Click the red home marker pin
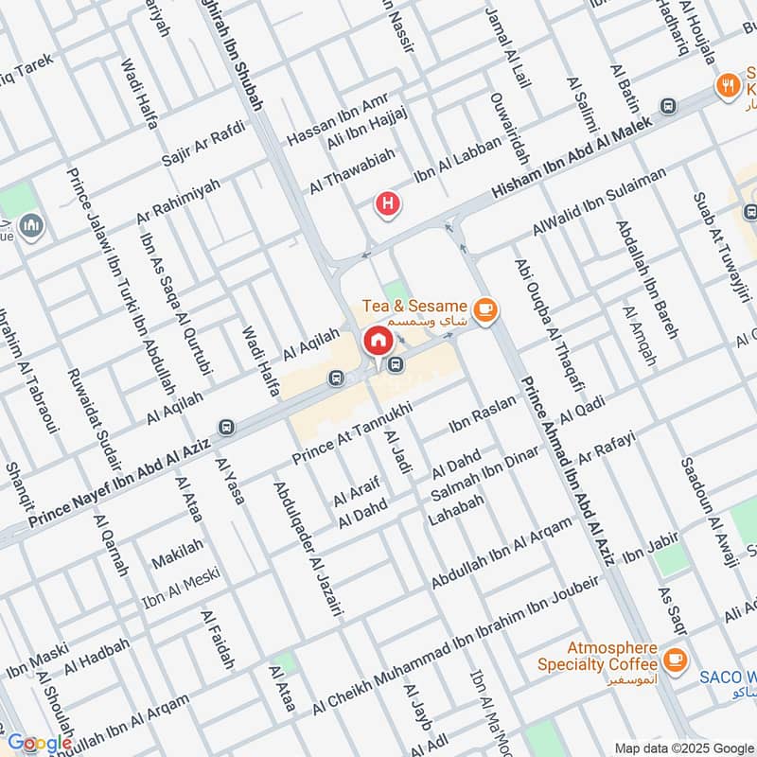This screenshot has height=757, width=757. pyautogui.click(x=378, y=342)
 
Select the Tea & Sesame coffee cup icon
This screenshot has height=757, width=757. pyautogui.click(x=485, y=308)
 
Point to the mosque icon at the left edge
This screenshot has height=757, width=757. pyautogui.click(x=31, y=226)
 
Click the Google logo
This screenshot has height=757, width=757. pyautogui.click(x=40, y=743)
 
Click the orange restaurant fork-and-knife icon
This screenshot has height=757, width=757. pyautogui.click(x=728, y=84)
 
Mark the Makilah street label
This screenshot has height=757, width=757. pyautogui.click(x=178, y=553)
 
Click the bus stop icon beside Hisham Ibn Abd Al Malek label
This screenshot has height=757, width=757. pyautogui.click(x=669, y=107)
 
